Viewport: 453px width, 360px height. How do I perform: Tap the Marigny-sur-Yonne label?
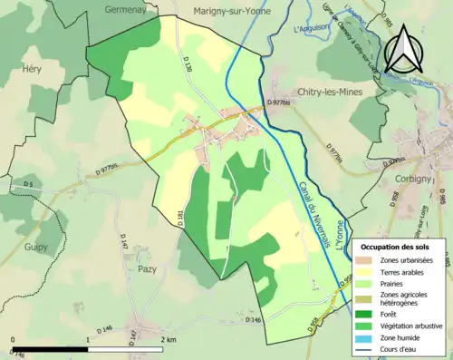232,12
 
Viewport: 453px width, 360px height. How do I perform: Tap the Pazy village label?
146,269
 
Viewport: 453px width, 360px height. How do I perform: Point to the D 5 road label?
28,185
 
